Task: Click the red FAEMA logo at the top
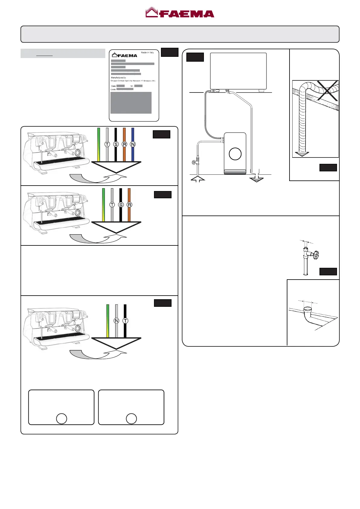[180, 13]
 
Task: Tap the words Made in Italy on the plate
[147, 53]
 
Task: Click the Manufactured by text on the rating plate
[118, 78]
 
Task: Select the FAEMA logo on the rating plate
[125, 55]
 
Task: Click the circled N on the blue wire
[133, 144]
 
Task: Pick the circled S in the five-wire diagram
[116, 144]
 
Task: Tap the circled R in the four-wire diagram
[129, 205]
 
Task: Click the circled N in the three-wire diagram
[116, 321]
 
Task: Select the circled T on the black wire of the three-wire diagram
[125, 321]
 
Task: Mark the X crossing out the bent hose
[327, 91]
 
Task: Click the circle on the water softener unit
[235, 154]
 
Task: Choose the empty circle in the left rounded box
[61, 419]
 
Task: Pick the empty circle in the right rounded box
[131, 419]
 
